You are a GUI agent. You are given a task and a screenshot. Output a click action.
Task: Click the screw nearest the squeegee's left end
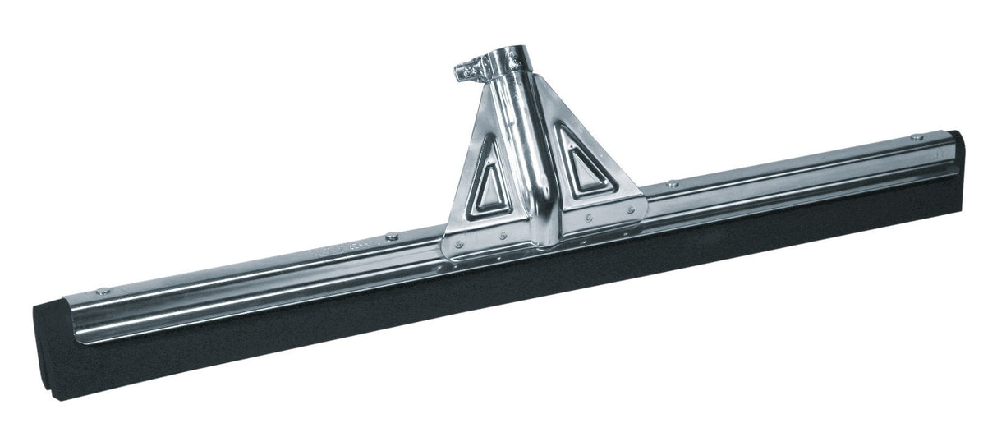[x=102, y=291]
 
